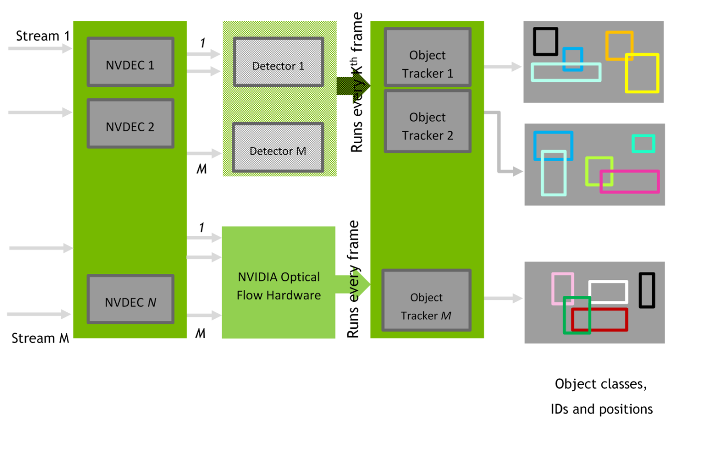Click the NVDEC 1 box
pos(130,62)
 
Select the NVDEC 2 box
pos(130,123)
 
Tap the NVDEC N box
pos(130,299)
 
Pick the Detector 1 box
pos(278,62)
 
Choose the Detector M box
pos(278,148)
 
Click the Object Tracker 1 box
pos(427,57)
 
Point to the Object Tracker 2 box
pos(427,121)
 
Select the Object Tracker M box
pos(426,300)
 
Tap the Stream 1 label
pos(42,36)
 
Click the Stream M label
pos(40,338)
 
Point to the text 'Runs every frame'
pos(354,279)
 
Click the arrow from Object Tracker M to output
pos(503,298)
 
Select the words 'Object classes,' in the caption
pos(600,384)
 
